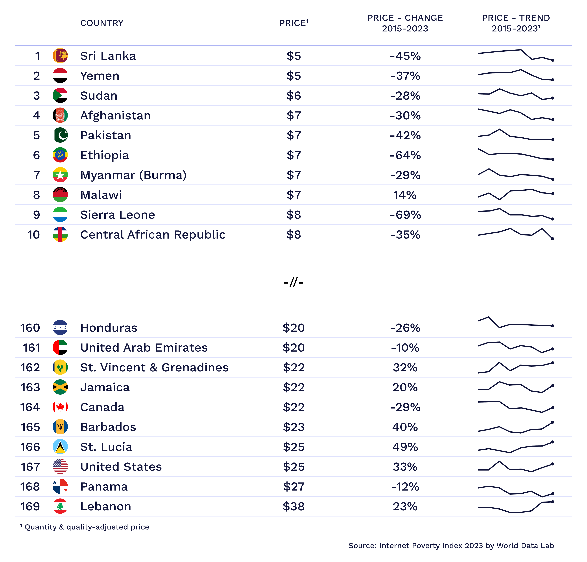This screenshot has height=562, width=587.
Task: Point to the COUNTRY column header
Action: point(102,23)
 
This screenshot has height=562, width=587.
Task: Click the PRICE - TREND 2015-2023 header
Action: point(516,23)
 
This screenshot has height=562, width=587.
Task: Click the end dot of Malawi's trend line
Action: point(553,194)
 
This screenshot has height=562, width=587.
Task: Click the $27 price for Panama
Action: point(293,487)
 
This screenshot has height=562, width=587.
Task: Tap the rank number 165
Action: point(30,427)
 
